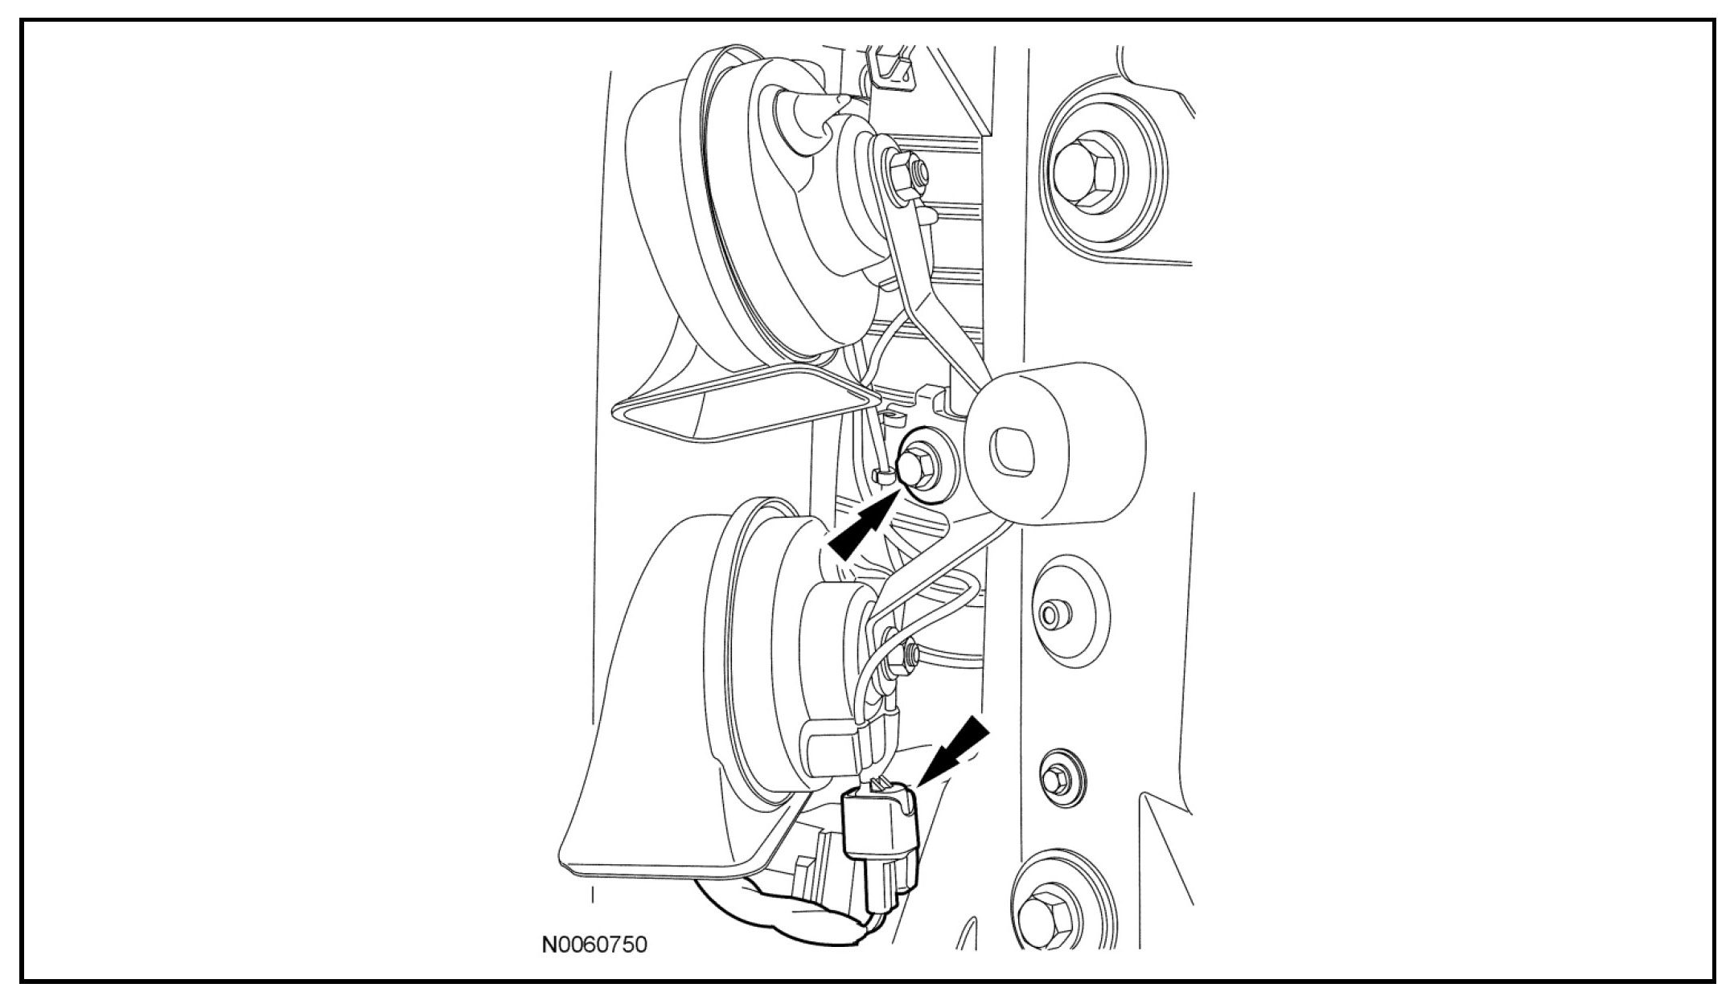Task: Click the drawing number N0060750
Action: click(x=594, y=944)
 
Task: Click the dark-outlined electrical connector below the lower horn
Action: click(x=880, y=852)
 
